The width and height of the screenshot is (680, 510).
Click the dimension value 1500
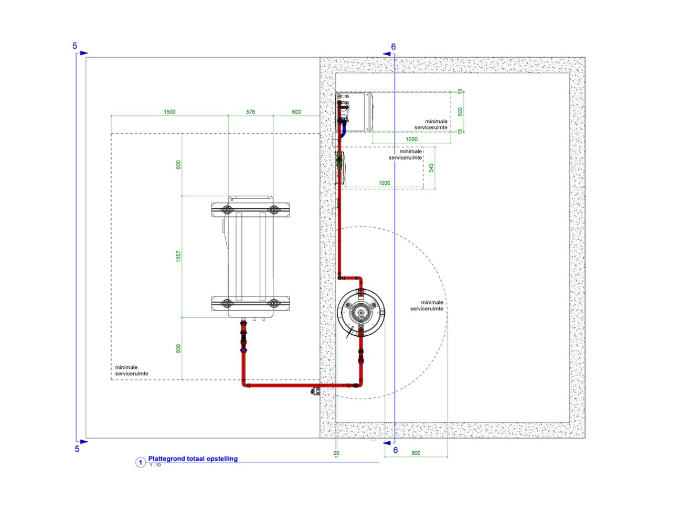(169, 112)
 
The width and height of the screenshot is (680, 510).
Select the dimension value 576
(250, 112)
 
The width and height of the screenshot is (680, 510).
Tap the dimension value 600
(296, 112)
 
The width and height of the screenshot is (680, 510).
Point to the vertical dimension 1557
(178, 256)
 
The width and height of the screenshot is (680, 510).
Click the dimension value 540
(431, 167)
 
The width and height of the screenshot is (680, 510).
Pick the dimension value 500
(460, 112)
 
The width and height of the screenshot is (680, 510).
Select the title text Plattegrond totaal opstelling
(193, 459)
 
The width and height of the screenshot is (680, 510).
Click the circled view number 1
(140, 462)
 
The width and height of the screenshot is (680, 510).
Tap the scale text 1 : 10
(155, 465)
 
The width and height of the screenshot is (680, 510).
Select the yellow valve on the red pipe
(340, 157)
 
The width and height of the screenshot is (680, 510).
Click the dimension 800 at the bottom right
(416, 453)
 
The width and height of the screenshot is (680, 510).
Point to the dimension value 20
(336, 453)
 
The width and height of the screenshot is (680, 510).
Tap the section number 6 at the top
(394, 47)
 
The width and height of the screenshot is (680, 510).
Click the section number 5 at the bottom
(77, 449)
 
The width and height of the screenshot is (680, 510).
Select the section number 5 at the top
(75, 46)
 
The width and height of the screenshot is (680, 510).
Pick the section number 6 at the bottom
(396, 450)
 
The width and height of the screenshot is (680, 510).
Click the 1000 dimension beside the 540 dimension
(384, 183)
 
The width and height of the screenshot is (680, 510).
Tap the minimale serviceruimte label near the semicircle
(427, 306)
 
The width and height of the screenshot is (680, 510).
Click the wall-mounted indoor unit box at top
(354, 112)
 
